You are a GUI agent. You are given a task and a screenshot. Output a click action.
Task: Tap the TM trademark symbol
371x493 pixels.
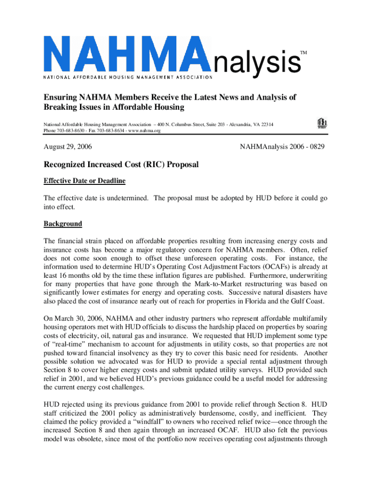coord(304,52)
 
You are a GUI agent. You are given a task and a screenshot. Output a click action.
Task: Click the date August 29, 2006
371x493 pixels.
coord(68,145)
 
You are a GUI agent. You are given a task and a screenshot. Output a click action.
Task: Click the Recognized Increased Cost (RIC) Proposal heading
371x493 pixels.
coord(121,165)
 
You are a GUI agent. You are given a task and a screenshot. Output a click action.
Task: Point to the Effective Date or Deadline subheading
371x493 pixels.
coord(84,181)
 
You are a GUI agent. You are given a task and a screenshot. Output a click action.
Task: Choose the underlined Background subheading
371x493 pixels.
coord(63,224)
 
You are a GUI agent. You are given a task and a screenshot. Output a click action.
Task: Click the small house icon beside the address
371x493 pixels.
coord(322,124)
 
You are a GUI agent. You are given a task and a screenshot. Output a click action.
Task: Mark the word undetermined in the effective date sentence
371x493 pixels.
coord(123,198)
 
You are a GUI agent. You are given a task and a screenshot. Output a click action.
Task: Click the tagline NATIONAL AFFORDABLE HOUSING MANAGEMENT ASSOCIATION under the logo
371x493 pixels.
coord(128,77)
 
